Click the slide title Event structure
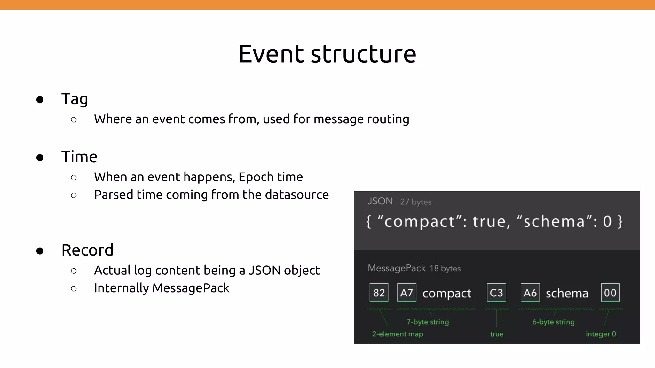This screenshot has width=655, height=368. pos(327,54)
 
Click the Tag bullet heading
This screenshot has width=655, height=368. pos(75,99)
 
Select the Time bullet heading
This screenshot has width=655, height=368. pos(79,157)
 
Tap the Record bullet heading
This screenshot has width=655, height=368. pos(87,250)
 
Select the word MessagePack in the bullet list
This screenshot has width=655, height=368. pos(191,288)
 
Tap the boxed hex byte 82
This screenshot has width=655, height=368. pos(379,293)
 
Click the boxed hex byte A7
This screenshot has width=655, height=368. pos(406,293)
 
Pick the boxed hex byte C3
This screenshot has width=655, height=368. pos(496,293)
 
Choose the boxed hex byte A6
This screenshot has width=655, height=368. pos(530,293)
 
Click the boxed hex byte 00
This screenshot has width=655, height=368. pos(610,293)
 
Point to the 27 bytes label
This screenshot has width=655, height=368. pos(415,202)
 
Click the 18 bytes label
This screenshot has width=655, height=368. pos(445,268)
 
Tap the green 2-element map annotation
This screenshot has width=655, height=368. pos(397,334)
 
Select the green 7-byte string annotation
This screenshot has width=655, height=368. pos(428,322)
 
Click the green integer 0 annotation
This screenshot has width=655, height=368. pos(601,334)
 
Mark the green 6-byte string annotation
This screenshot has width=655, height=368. pos(553,322)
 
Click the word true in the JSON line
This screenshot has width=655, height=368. pos(489,222)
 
